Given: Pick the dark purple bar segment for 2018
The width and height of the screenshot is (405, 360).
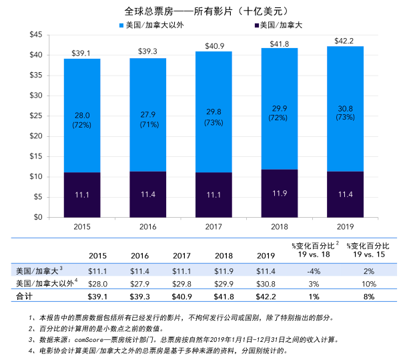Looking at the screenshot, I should click(x=279, y=194).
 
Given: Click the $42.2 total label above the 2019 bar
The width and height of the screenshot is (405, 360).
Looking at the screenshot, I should click(x=345, y=40).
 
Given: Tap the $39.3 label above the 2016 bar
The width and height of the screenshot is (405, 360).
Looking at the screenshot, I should click(x=148, y=51).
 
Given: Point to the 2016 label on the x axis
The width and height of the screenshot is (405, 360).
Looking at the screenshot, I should click(x=148, y=226).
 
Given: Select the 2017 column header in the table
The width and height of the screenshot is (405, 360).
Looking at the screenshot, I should click(x=181, y=256).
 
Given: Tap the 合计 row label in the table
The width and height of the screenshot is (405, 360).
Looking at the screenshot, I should click(x=24, y=296).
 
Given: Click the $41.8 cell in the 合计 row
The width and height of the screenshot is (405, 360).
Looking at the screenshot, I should click(x=222, y=296).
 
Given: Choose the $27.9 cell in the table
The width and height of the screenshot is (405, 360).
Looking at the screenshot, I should click(x=139, y=283).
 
